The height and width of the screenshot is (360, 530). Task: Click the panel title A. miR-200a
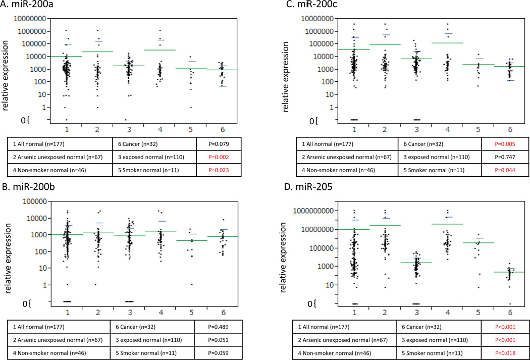tap(29, 6)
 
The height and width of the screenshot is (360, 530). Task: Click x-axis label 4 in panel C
tap(447, 130)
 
